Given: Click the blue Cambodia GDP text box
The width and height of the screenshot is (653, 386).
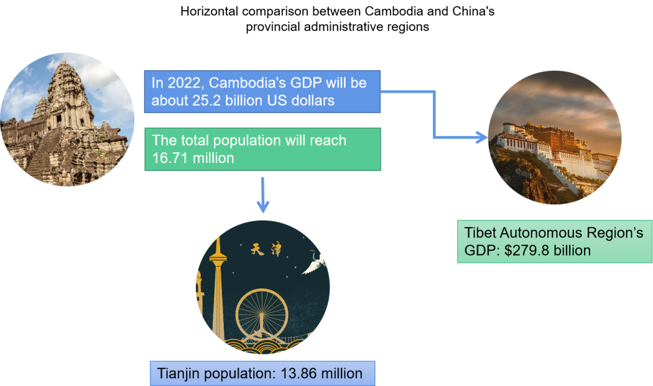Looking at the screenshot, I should (x=262, y=92).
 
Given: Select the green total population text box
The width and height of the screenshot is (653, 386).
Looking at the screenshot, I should (x=262, y=149).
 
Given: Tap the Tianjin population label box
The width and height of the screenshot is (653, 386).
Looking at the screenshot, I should (x=262, y=373).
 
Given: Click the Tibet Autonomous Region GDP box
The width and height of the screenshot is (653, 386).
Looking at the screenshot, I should (x=554, y=241).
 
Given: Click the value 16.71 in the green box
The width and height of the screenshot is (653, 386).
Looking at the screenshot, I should (x=165, y=158).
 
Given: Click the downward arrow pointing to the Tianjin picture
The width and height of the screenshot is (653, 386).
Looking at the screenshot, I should (x=263, y=196).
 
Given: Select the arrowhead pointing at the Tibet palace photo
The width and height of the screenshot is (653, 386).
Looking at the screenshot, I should (x=481, y=138).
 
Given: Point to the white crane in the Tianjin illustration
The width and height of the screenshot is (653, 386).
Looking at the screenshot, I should (x=314, y=264).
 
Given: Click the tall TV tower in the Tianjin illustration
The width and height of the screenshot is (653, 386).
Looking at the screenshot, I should (x=216, y=284).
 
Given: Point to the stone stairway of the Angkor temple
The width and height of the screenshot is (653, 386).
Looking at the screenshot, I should (x=42, y=157).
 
